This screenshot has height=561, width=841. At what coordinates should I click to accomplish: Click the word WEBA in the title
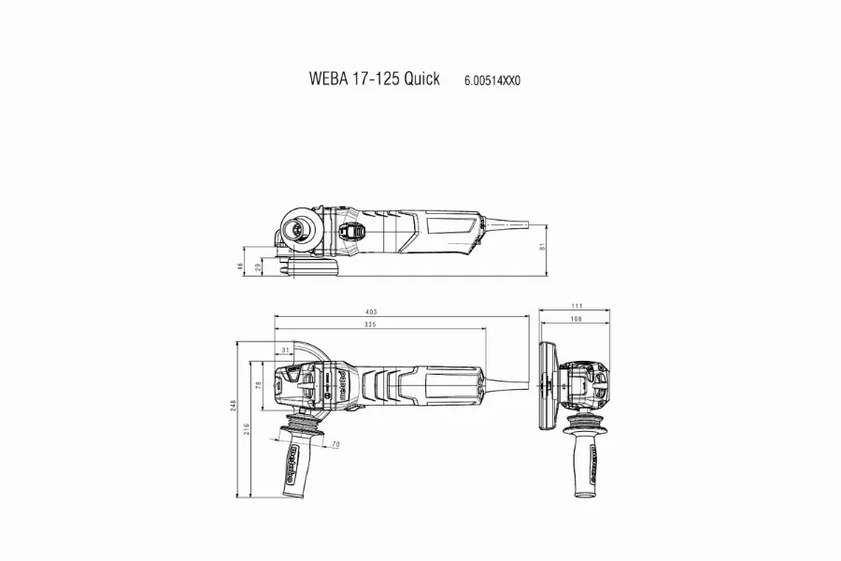pyautogui.click(x=326, y=79)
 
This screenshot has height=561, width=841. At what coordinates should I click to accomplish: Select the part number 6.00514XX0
pyautogui.click(x=492, y=80)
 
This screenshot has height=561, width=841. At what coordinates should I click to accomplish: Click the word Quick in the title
pyautogui.click(x=422, y=79)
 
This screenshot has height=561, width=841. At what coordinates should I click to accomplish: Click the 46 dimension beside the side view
pyautogui.click(x=240, y=266)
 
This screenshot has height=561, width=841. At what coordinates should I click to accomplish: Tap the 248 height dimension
pyautogui.click(x=233, y=404)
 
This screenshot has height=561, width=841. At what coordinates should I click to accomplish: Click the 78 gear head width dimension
pyautogui.click(x=259, y=385)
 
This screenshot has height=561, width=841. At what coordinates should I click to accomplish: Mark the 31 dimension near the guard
pyautogui.click(x=285, y=351)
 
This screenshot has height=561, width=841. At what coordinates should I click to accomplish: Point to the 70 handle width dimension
pyautogui.click(x=334, y=443)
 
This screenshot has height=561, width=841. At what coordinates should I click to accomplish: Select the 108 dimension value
pyautogui.click(x=576, y=321)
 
